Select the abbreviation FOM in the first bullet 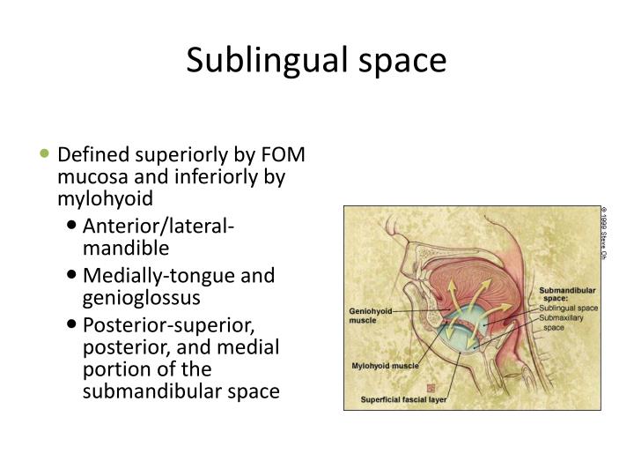tap(281, 155)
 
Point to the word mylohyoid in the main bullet tap(106, 197)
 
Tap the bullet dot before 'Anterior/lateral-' tap(73, 228)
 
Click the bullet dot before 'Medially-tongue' tap(73, 276)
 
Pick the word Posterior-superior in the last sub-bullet tap(166, 324)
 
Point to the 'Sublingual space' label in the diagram tap(568, 308)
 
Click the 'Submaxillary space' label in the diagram tap(564, 322)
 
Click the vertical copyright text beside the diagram tap(605, 233)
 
